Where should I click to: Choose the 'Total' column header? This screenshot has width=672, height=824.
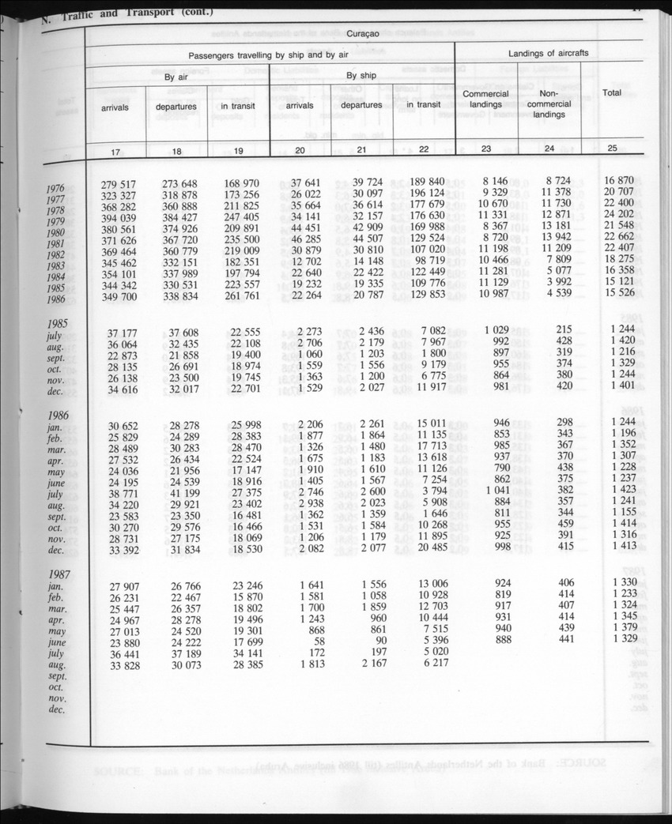(612, 92)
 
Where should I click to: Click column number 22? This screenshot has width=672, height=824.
(423, 149)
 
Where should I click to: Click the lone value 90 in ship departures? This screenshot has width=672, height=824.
(379, 640)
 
